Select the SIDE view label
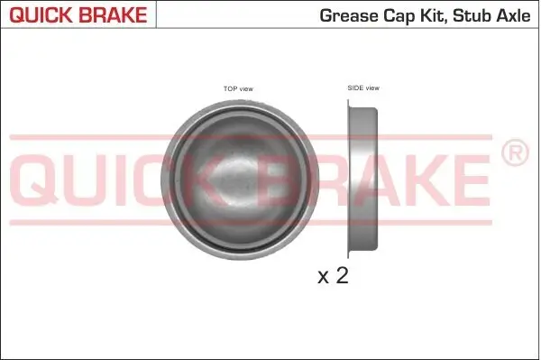[x=363, y=88]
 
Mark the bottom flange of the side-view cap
[x=351, y=251]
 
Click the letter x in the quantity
[x=324, y=277]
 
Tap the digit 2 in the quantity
[x=341, y=275]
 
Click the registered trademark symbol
[x=514, y=154]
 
